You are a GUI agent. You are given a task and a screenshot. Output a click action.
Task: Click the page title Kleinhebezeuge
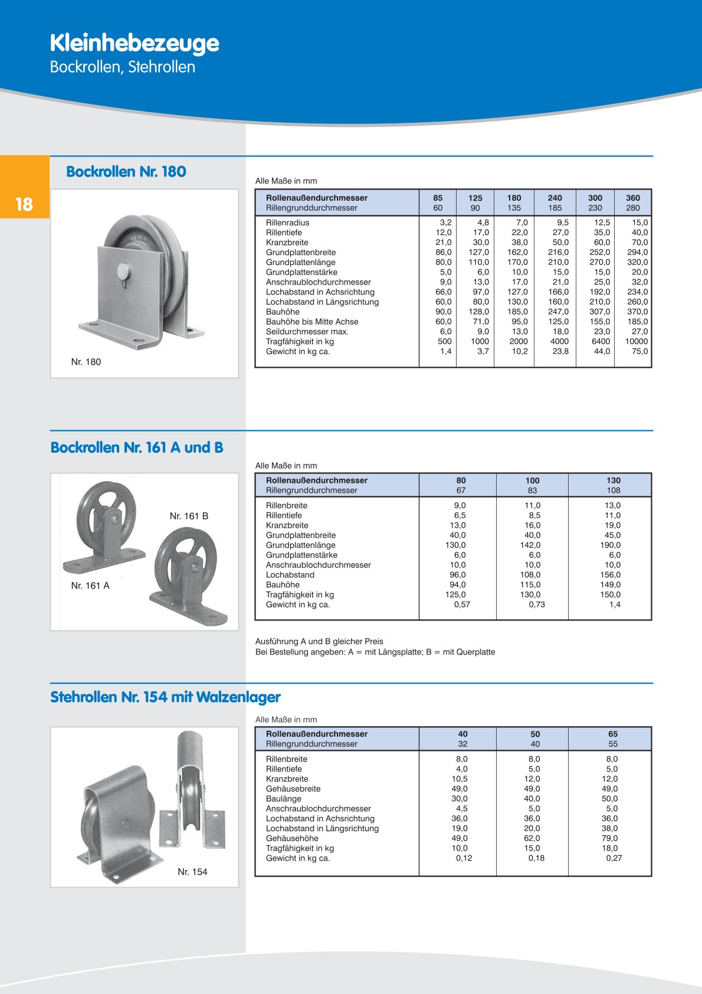pyautogui.click(x=135, y=43)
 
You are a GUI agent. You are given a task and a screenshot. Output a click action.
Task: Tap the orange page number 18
pyautogui.click(x=24, y=204)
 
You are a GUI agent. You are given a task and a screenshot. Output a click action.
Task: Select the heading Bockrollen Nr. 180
pyautogui.click(x=126, y=172)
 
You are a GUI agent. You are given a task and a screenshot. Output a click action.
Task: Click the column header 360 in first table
pyautogui.click(x=632, y=198)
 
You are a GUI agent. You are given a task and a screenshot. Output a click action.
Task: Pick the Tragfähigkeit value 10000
pyautogui.click(x=637, y=341)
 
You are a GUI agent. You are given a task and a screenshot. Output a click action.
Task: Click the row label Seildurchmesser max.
pyautogui.click(x=307, y=332)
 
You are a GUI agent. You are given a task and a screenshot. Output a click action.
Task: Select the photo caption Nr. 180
pyautogui.click(x=86, y=362)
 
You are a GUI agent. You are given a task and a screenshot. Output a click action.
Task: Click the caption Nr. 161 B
pyautogui.click(x=189, y=516)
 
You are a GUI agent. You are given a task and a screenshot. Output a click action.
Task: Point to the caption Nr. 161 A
pyautogui.click(x=90, y=586)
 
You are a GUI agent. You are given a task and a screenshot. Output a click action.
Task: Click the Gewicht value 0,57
pyautogui.click(x=462, y=604)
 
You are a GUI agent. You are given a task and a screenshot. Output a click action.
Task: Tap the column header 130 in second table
pyautogui.click(x=614, y=480)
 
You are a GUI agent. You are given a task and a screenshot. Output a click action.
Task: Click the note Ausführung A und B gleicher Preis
pyautogui.click(x=319, y=641)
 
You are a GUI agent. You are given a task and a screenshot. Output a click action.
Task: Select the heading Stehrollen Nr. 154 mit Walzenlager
pyautogui.click(x=165, y=697)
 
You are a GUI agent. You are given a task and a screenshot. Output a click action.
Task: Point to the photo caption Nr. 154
pyautogui.click(x=192, y=872)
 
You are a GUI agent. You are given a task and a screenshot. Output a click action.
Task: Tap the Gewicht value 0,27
pyautogui.click(x=614, y=858)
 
